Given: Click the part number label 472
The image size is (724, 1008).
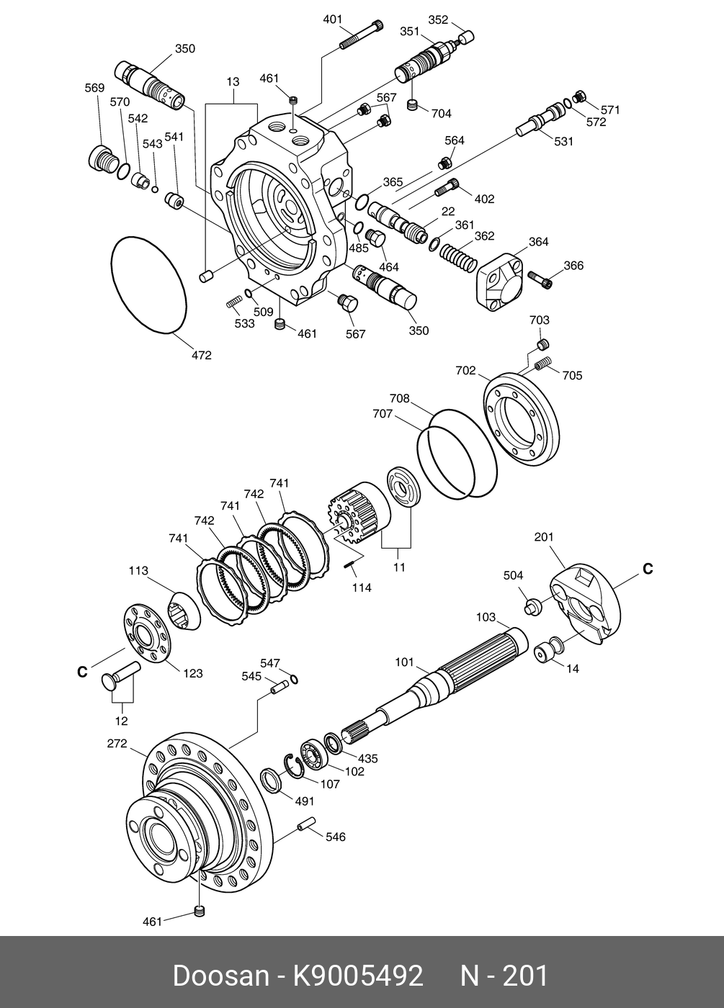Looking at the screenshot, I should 201,355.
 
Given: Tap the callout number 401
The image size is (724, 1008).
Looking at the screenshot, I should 332,19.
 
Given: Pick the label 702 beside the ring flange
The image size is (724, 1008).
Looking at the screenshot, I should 465,371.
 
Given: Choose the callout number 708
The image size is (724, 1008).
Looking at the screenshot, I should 399,398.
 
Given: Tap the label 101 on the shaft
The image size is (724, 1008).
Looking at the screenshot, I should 405,662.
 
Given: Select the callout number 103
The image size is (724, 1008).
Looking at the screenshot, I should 486,617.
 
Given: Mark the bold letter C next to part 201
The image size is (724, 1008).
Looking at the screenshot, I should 648,569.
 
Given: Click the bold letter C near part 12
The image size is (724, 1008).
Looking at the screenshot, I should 82,672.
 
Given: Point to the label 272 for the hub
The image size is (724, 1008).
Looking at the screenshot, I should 117,744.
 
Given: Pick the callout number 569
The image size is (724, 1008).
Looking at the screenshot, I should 94,89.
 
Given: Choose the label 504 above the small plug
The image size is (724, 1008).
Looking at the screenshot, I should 513,575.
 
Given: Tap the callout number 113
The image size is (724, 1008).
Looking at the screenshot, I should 138,571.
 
